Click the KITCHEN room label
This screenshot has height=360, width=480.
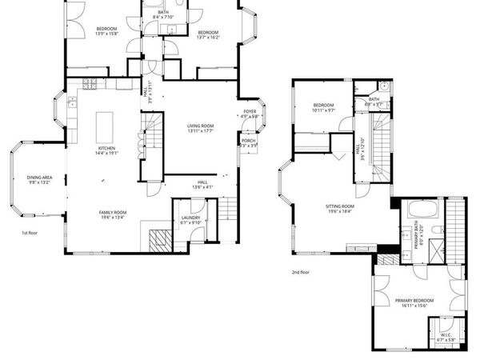[106, 148]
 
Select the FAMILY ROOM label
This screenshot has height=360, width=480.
[113, 212]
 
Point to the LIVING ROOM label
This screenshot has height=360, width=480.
[200, 126]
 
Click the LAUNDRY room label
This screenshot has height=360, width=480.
[190, 218]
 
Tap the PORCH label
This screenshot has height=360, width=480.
[249, 141]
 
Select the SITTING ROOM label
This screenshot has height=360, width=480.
[338, 206]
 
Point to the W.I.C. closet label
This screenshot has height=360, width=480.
[445, 337]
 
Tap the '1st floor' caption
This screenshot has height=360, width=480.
[30, 233]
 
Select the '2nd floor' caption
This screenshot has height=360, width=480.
[301, 272]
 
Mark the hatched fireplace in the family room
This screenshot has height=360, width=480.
[162, 238]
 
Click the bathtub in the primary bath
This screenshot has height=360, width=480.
[419, 213]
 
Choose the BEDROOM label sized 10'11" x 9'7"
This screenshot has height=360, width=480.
[323, 106]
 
